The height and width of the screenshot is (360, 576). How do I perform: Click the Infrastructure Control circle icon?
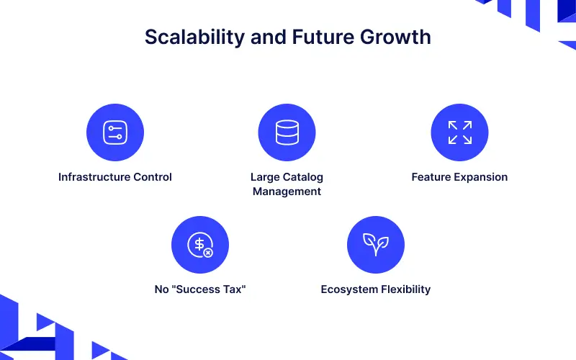coord(115,132)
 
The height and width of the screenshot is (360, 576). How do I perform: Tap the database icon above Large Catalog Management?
coord(287,132)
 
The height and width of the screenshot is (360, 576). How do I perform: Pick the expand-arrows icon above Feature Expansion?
coord(459,132)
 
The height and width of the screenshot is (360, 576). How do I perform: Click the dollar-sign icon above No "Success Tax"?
coord(200,245)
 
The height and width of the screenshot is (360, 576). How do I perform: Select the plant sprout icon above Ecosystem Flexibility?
coord(375,245)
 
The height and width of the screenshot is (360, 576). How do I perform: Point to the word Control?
coord(151,177)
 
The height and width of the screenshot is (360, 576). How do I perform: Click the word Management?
coord(287,192)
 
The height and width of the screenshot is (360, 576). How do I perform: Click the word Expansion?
coord(482,177)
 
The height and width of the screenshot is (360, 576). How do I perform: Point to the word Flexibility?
coord(407,289)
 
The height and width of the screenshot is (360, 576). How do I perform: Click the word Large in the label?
coord(264,177)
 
